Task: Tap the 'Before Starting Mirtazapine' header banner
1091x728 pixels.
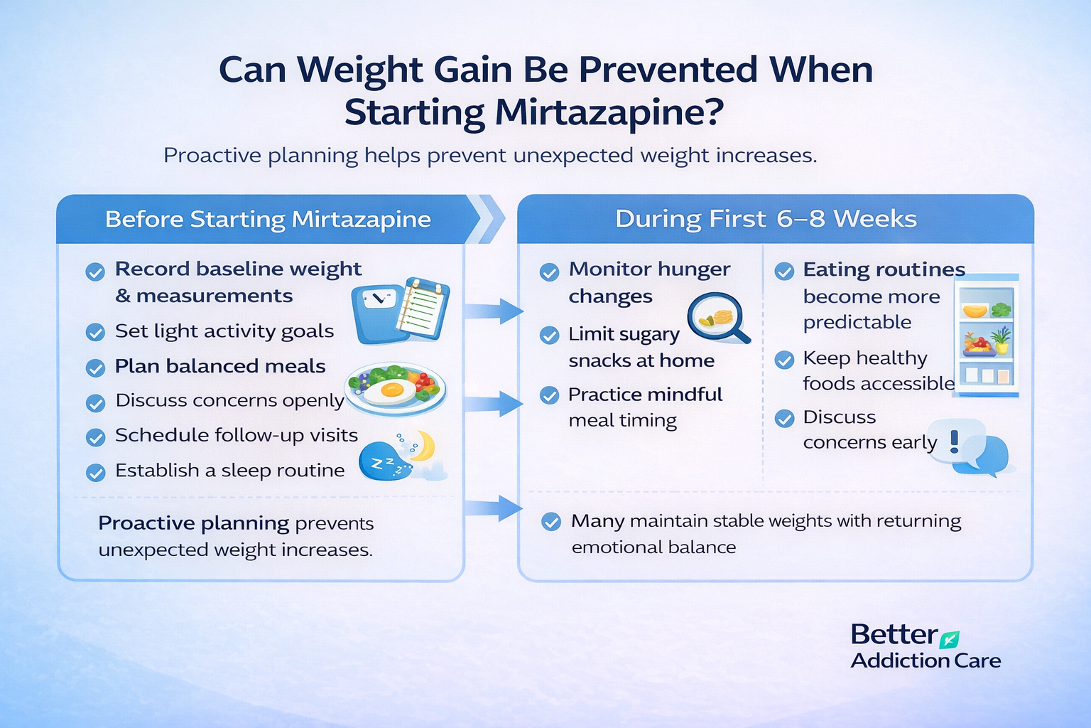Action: pyautogui.click(x=268, y=220)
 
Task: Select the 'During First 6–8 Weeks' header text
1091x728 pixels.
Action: pyautogui.click(x=766, y=218)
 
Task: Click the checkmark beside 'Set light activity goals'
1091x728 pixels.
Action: pyautogui.click(x=95, y=333)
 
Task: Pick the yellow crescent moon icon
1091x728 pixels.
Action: pyautogui.click(x=423, y=446)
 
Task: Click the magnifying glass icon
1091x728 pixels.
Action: pyautogui.click(x=718, y=318)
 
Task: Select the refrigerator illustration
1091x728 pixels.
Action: pyautogui.click(x=986, y=336)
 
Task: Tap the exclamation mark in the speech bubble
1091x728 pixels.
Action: pyautogui.click(x=955, y=441)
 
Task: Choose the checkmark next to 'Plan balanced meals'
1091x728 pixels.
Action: pyautogui.click(x=95, y=368)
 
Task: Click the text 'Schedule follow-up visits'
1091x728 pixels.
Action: pyautogui.click(x=237, y=435)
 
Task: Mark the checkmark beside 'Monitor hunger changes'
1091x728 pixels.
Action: pyautogui.click(x=549, y=272)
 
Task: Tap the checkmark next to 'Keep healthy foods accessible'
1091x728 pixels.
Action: pyautogui.click(x=784, y=360)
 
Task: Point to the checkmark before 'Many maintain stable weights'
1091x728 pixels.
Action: pyautogui.click(x=551, y=523)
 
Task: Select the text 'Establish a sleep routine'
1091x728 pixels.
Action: pyautogui.click(x=230, y=471)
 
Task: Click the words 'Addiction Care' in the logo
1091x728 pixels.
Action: pyautogui.click(x=926, y=660)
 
